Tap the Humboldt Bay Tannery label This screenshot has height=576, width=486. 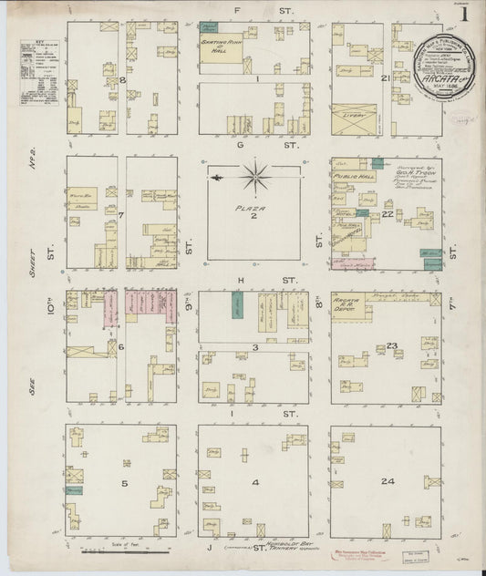point(273,549)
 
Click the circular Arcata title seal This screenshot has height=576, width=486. point(445,63)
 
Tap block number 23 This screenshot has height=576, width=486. point(393,345)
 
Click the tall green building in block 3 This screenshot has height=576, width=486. point(237,304)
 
